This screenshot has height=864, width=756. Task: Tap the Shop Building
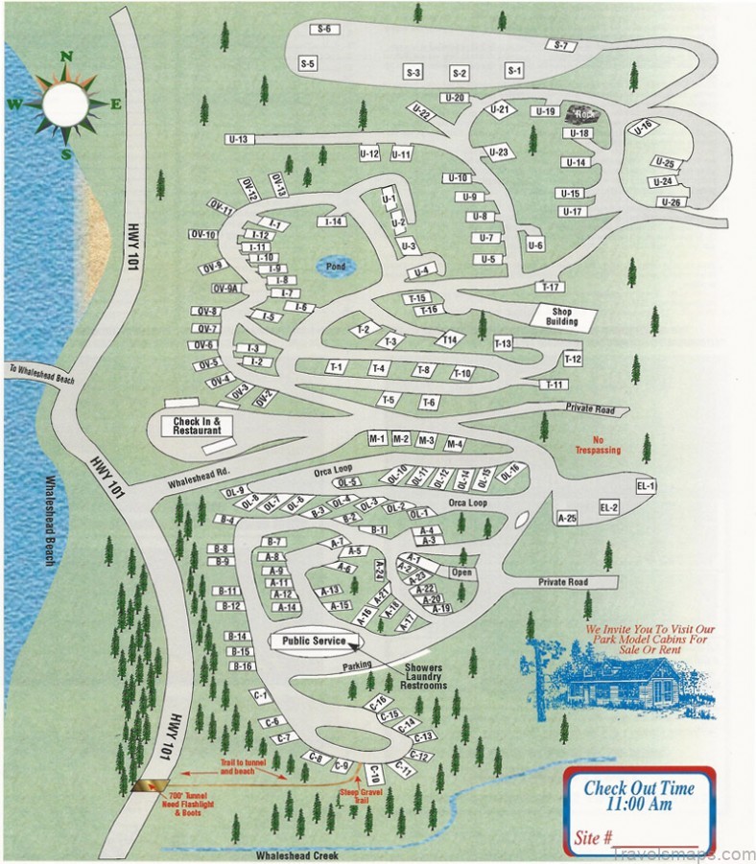coord(562,315)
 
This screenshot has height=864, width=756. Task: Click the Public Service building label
coord(307,642)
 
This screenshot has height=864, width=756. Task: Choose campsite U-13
coord(238,140)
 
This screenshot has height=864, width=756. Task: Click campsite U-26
coord(671,202)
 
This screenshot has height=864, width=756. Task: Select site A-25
coord(567,518)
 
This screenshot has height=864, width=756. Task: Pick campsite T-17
coord(550,287)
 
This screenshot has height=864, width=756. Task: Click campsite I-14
coord(334,222)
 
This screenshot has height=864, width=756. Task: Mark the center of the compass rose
coord(66,105)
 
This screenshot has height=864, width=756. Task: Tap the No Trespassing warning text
coord(598,445)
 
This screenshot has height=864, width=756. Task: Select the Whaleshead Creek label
coord(295,853)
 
